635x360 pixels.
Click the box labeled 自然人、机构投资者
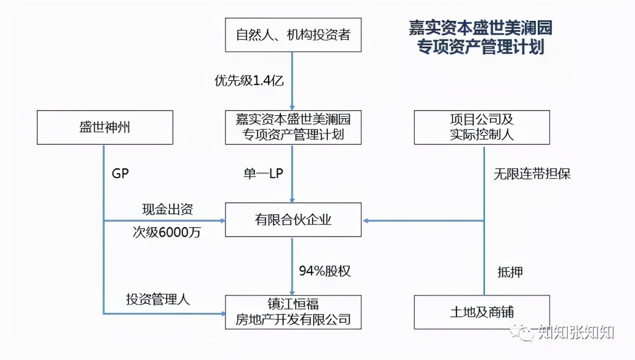[x=293, y=35]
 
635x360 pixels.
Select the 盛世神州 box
[x=105, y=127]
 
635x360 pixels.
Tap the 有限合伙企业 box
[x=293, y=220]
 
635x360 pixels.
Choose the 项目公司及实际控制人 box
[x=482, y=127]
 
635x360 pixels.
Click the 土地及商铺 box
[x=482, y=312]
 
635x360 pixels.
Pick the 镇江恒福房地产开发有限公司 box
[x=293, y=312]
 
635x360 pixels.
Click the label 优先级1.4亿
[x=249, y=81]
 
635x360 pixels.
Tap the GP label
[x=121, y=174]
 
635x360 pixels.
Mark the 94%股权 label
[x=324, y=271]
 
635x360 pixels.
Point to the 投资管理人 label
[x=158, y=300]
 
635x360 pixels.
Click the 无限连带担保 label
[x=532, y=174]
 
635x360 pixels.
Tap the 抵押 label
[x=510, y=272]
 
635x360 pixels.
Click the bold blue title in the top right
[x=480, y=37]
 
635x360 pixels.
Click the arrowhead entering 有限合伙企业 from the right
[x=366, y=220]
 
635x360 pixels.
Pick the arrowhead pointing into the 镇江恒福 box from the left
[x=222, y=313]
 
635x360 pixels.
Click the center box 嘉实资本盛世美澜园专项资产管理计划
[x=293, y=127]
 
